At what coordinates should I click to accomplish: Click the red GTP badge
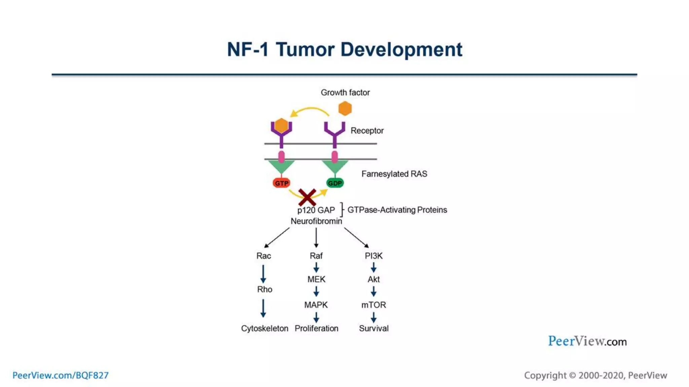click(x=281, y=183)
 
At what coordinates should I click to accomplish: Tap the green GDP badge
click(x=335, y=183)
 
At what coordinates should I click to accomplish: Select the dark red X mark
click(x=307, y=198)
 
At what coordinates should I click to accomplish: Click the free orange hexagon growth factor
click(x=345, y=109)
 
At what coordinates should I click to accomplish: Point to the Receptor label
click(x=367, y=131)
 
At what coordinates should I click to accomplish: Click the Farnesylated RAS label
click(x=394, y=174)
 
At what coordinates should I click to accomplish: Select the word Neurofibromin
click(x=316, y=221)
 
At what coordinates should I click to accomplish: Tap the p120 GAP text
click(x=316, y=210)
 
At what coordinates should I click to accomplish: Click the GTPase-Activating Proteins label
click(x=397, y=210)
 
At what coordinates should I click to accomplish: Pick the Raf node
click(x=316, y=256)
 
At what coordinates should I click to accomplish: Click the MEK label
click(x=316, y=279)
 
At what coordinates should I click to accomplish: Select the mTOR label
click(x=373, y=305)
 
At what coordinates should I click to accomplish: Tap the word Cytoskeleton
click(x=264, y=329)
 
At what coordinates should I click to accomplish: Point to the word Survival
click(x=373, y=329)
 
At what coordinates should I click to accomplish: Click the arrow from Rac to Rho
click(x=263, y=274)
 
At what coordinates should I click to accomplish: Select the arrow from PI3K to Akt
click(x=373, y=268)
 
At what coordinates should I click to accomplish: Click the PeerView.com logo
click(x=587, y=341)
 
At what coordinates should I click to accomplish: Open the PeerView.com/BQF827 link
click(x=61, y=375)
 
